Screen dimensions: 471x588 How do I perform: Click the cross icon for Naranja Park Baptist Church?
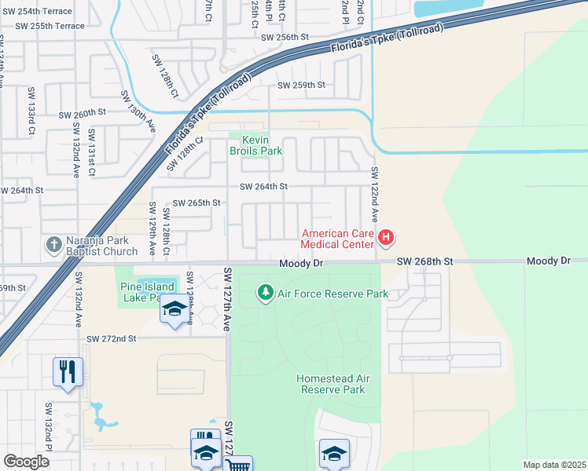(53, 243)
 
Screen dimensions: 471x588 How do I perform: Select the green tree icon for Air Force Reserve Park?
(266, 294)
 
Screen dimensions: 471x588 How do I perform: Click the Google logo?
(26, 462)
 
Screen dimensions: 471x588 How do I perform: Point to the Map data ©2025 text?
(554, 465)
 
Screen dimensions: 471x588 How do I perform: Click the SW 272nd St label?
(112, 338)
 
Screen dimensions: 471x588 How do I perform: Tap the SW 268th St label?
(425, 261)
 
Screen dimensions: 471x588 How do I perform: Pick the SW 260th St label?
(82, 113)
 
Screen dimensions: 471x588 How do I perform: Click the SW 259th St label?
(301, 85)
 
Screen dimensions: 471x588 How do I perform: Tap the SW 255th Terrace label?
(50, 26)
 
